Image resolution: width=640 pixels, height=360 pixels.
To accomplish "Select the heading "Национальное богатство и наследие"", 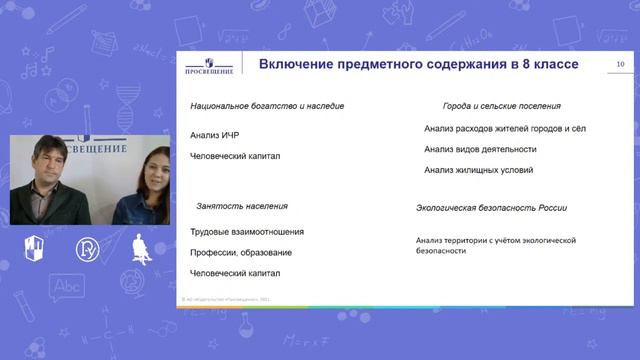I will tap(267, 106).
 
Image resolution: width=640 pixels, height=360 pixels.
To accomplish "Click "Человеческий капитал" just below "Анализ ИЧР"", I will tap(235, 156).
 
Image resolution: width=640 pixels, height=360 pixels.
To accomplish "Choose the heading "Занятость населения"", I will tap(242, 206).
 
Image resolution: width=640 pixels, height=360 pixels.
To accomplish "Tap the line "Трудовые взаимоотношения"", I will tap(246, 232).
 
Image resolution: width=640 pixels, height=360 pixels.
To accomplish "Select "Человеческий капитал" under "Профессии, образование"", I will tap(235, 273).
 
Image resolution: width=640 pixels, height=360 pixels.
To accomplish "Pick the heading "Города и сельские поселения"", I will tap(501, 105).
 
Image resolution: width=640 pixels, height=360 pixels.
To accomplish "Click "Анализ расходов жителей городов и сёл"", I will tap(504, 128).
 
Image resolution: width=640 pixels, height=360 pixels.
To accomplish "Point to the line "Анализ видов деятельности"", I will tap(480, 149).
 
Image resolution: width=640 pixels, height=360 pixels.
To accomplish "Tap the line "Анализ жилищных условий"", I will tap(478, 170).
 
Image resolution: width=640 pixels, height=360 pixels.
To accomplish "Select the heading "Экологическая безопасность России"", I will tap(492, 208).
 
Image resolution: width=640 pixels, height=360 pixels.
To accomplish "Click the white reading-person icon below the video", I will tap(142, 250).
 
